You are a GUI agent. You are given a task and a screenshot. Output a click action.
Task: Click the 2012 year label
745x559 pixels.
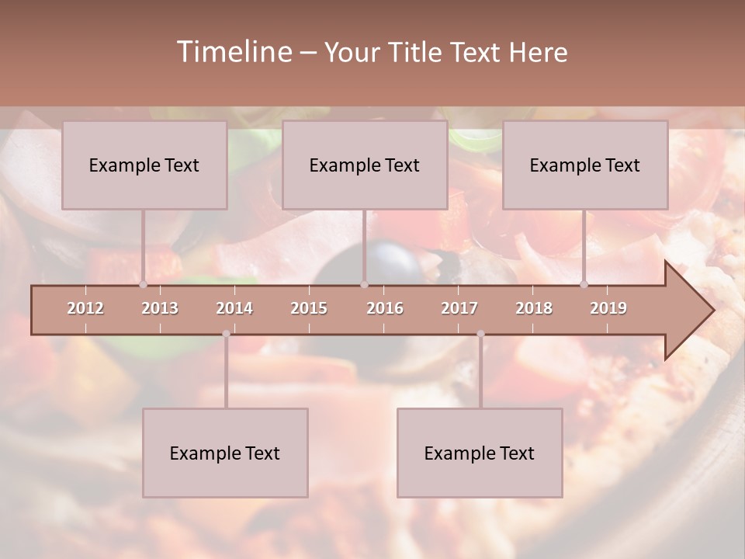pos(85,308)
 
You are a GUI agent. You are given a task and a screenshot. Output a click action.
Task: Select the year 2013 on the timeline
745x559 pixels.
pos(160,308)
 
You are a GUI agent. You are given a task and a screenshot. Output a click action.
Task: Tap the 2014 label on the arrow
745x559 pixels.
pos(234,308)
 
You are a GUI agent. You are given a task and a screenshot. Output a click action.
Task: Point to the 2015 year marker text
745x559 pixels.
pos(309,308)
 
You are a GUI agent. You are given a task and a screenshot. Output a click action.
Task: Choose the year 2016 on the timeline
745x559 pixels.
pos(385,308)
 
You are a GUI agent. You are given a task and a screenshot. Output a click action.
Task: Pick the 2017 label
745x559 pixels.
pos(459,308)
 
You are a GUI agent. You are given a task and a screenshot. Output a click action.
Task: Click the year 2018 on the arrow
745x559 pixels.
pos(534,308)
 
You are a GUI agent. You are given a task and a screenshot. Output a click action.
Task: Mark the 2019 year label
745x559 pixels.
pos(608,308)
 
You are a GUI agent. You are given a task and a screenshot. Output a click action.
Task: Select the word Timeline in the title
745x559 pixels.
pos(233,52)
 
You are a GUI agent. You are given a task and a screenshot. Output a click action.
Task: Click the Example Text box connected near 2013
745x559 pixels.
pos(144,165)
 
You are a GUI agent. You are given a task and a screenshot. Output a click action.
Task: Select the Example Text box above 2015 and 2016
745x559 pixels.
pos(365,165)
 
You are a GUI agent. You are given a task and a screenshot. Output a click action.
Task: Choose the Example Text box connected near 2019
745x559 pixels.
pos(585,165)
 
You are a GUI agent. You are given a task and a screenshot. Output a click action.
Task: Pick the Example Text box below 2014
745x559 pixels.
pos(225,453)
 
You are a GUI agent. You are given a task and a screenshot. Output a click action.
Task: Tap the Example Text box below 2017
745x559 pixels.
pos(480,453)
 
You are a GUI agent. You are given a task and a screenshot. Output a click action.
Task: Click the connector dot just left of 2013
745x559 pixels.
pos(143,284)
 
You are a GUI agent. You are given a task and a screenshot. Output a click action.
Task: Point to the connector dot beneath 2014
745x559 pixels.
pos(226,334)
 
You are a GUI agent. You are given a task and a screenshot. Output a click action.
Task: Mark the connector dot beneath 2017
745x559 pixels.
pos(480,334)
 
